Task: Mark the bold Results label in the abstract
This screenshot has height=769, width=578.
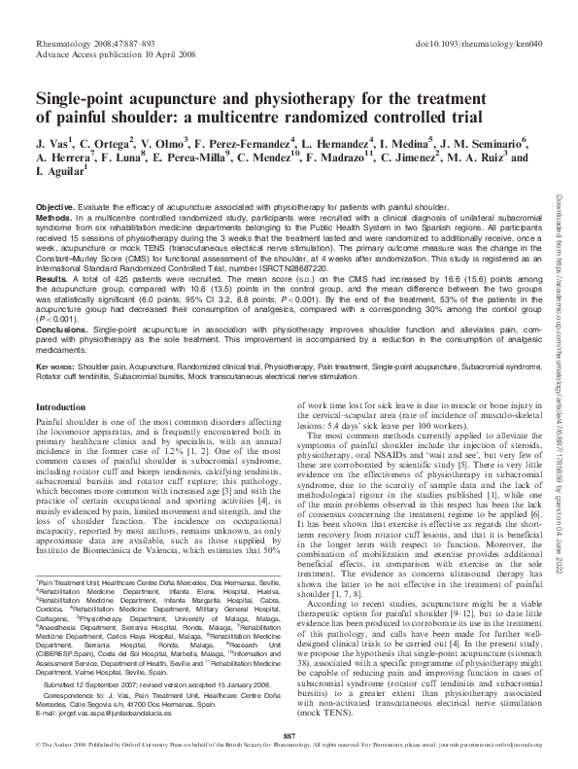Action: click(52, 278)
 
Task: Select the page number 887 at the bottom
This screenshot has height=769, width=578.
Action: click(288, 737)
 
